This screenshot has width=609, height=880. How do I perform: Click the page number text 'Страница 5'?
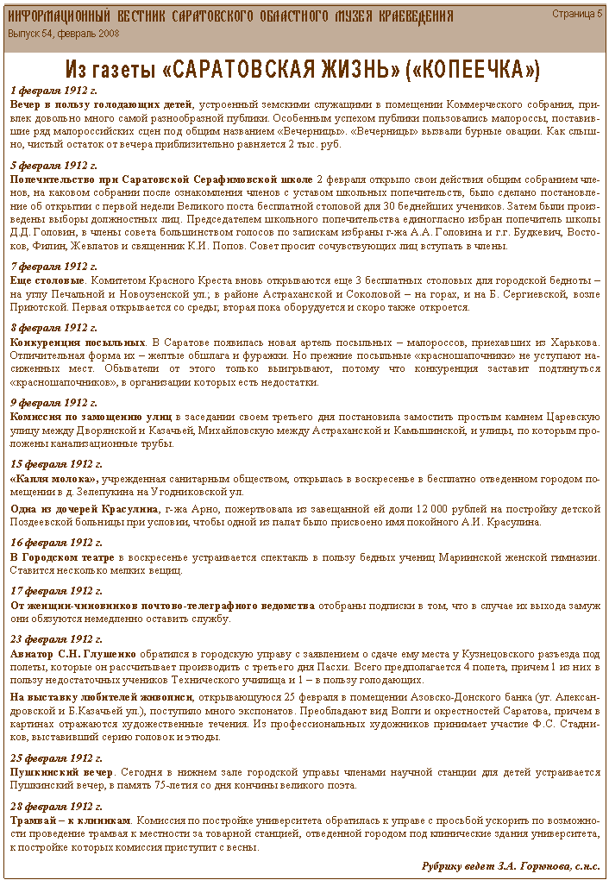[x=577, y=14]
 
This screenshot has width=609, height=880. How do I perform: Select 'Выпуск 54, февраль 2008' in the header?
[x=64, y=33]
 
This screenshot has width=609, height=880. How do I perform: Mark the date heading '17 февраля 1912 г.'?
[x=57, y=591]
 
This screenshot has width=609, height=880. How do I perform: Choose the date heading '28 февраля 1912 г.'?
[x=57, y=806]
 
